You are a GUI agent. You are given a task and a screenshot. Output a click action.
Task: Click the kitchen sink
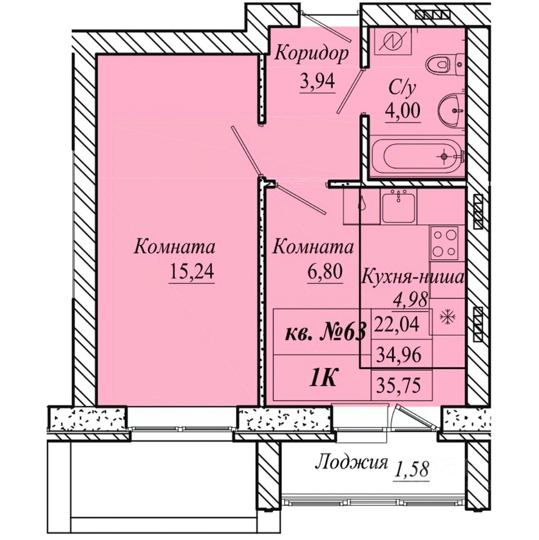pyautogui.click(x=398, y=206)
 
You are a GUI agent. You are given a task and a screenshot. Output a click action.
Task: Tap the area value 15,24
pyautogui.click(x=192, y=272)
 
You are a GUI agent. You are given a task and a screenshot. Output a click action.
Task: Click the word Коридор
pyautogui.click(x=312, y=55)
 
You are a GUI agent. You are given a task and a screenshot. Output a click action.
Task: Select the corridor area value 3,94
pyautogui.click(x=318, y=82)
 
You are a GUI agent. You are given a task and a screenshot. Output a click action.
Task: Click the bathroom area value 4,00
pyautogui.click(x=402, y=111)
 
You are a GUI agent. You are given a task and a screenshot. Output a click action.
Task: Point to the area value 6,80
pyautogui.click(x=325, y=272)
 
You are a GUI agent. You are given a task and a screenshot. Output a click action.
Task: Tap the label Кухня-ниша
pyautogui.click(x=413, y=278)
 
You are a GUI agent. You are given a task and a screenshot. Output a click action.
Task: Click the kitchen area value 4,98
pyautogui.click(x=411, y=298)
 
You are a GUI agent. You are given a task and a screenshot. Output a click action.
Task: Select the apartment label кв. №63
pyautogui.click(x=325, y=334)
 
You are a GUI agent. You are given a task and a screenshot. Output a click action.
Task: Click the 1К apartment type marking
pyautogui.click(x=323, y=379)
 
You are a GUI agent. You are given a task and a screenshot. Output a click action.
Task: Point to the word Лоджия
pyautogui.click(x=352, y=463)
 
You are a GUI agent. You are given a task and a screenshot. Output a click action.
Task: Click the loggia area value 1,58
pyautogui.click(x=412, y=469)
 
